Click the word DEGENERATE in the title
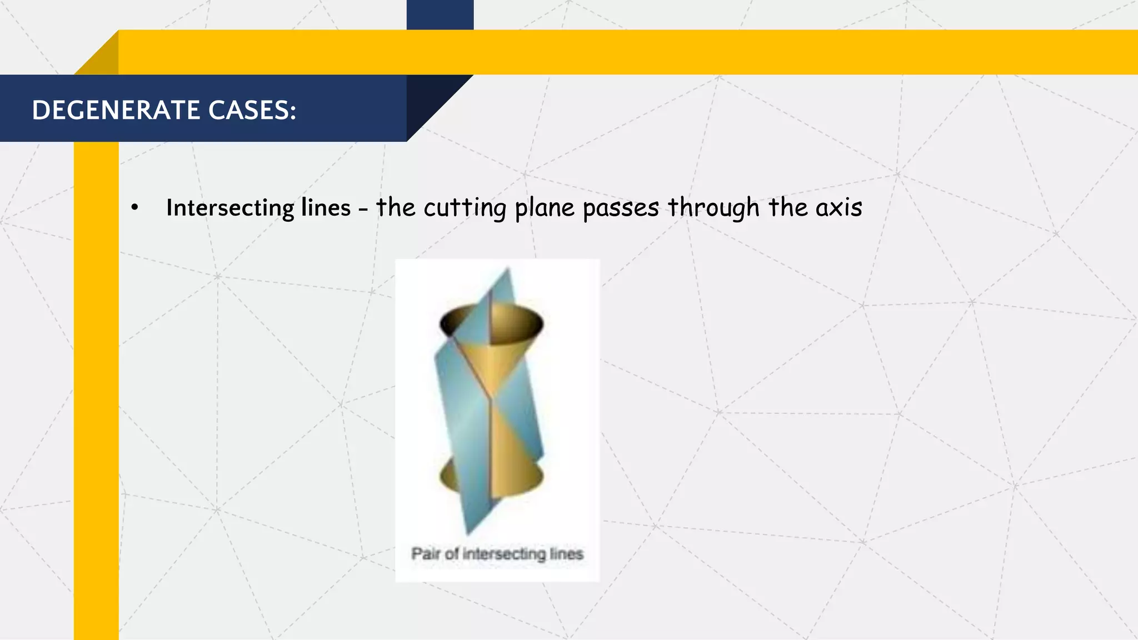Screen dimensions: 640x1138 click(x=116, y=110)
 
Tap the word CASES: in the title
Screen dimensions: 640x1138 click(x=252, y=110)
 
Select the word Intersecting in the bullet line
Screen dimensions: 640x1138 click(x=230, y=208)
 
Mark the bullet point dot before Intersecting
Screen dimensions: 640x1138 click(x=134, y=208)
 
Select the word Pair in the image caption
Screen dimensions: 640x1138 click(x=425, y=554)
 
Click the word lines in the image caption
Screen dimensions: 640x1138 click(x=566, y=554)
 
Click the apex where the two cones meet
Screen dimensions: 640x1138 click(x=490, y=398)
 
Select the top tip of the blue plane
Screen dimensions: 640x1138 click(x=507, y=269)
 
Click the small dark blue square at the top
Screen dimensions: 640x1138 click(x=440, y=14)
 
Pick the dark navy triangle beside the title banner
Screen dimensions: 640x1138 click(x=431, y=100)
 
